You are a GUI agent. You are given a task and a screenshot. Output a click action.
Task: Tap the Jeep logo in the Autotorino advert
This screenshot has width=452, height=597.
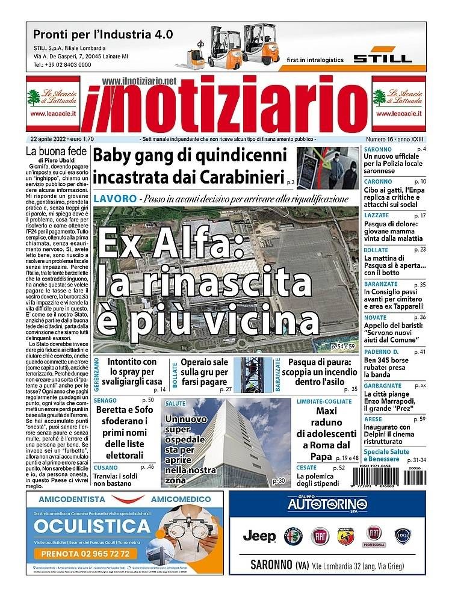(x=259, y=535)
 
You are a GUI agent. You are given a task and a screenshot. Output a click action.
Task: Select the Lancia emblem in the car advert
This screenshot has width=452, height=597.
(x=403, y=535)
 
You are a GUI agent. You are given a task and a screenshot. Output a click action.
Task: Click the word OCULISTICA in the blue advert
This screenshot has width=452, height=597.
(x=92, y=527)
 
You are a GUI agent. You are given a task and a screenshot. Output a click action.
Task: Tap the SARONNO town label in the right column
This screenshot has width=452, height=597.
(x=377, y=149)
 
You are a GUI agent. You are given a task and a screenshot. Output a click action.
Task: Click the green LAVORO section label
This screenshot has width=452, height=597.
(x=114, y=199)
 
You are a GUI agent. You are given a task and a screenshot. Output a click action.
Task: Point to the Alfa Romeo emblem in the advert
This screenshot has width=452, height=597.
(x=293, y=535)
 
